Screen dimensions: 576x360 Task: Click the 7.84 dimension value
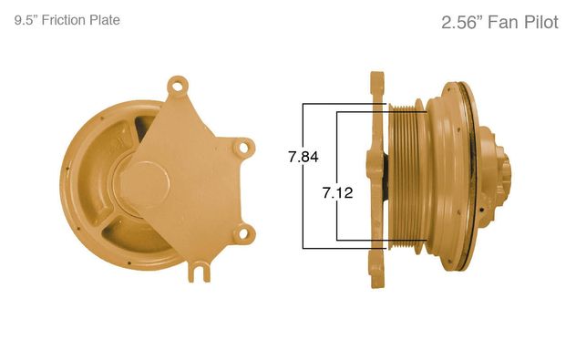[x=303, y=158]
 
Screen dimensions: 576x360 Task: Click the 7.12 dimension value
[x=338, y=193]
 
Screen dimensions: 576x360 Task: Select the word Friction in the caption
[x=65, y=20]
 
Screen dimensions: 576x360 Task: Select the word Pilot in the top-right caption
[x=541, y=23]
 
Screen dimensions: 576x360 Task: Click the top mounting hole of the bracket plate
[x=178, y=87]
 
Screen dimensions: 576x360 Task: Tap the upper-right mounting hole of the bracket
[x=243, y=148]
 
